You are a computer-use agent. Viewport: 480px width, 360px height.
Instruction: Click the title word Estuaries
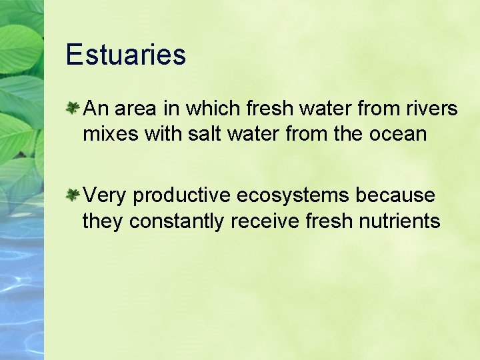tap(125, 55)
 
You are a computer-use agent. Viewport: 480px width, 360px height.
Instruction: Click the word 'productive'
tap(181, 196)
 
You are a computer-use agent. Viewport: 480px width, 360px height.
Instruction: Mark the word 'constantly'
tap(177, 221)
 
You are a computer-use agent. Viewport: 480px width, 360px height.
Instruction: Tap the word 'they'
tap(103, 221)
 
